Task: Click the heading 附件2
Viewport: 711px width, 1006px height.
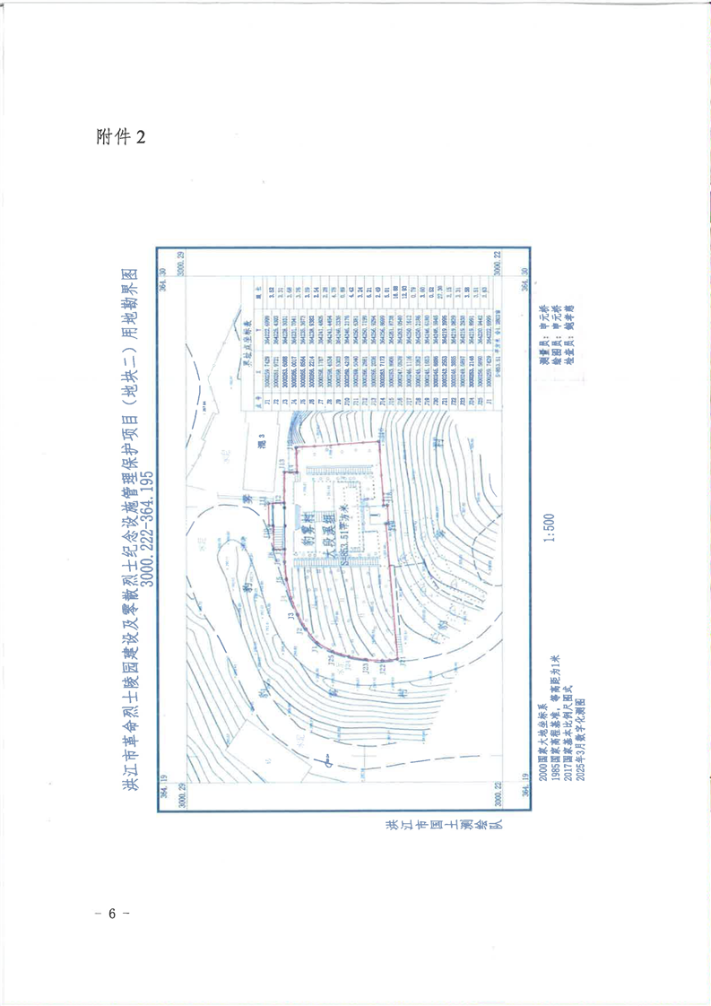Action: pyautogui.click(x=119, y=135)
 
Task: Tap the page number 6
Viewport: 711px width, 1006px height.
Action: pyautogui.click(x=112, y=914)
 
